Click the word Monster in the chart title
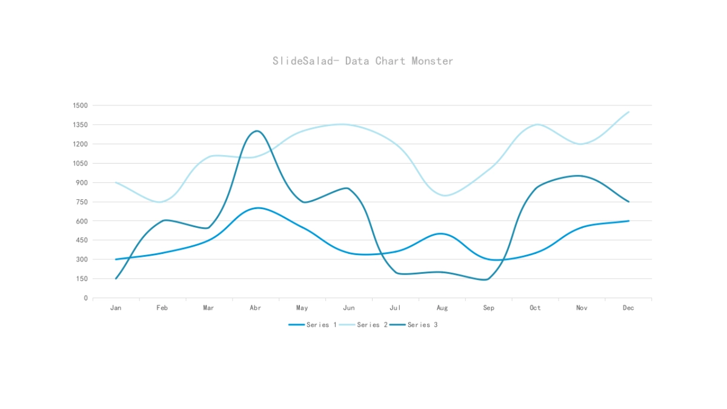432,61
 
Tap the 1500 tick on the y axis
81,105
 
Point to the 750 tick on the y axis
82,202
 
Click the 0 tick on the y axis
86,298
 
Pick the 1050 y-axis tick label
81,164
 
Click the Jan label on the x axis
116,308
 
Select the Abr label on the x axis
256,308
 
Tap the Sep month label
488,308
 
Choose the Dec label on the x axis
628,308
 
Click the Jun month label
349,308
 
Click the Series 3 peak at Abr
257,131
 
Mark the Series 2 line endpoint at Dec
628,112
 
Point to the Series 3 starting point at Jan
116,279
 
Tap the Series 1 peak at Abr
258,208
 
